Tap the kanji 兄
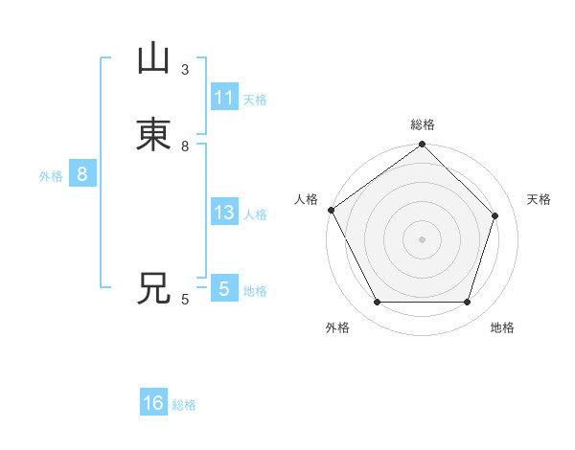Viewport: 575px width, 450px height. pyautogui.click(x=153, y=287)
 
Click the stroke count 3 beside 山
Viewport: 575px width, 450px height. pyautogui.click(x=185, y=69)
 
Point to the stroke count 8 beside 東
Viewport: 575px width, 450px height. pyautogui.click(x=185, y=146)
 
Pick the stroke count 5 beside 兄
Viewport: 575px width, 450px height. pyautogui.click(x=185, y=300)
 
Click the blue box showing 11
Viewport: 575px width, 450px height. pyautogui.click(x=224, y=98)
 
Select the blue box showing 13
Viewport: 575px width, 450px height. pyautogui.click(x=224, y=213)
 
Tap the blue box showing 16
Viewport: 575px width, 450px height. pyautogui.click(x=153, y=404)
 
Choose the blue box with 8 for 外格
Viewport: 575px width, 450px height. pyautogui.click(x=82, y=174)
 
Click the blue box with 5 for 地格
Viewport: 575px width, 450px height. pyautogui.click(x=224, y=289)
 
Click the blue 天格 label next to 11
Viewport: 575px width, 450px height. pyautogui.click(x=255, y=99)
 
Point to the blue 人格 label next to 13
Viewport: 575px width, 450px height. pyautogui.click(x=255, y=214)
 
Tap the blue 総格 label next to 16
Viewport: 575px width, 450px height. pyautogui.click(x=184, y=405)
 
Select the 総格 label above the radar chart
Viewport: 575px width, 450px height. pyautogui.click(x=423, y=124)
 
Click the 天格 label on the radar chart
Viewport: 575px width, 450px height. pyautogui.click(x=540, y=199)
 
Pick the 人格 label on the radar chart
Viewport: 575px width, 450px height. pyautogui.click(x=306, y=199)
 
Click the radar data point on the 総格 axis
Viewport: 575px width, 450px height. pyautogui.click(x=423, y=146)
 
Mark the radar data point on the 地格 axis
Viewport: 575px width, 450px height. pyautogui.click(x=467, y=303)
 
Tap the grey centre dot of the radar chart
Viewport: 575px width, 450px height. pyautogui.click(x=423, y=239)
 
